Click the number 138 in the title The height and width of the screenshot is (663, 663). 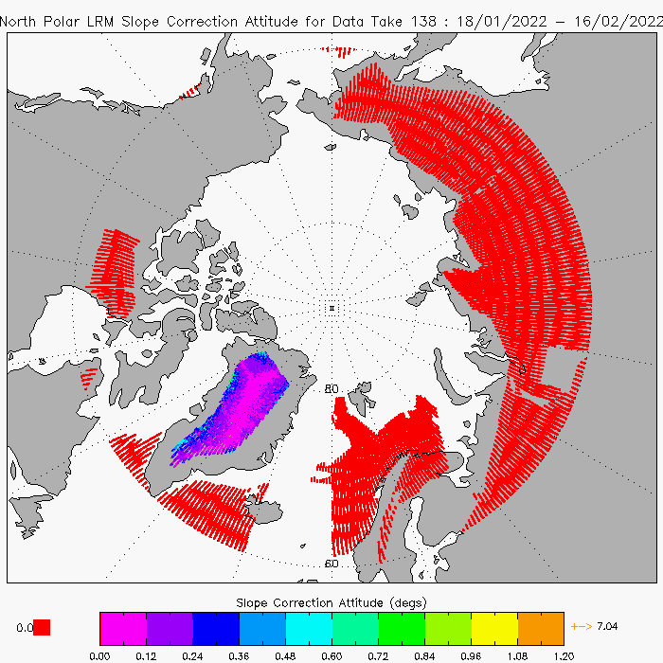click(x=423, y=21)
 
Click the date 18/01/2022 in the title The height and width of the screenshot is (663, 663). click(x=501, y=21)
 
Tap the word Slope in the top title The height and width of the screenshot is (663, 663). click(x=140, y=21)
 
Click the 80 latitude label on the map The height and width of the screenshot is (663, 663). click(x=331, y=388)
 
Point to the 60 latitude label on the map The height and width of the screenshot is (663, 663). click(x=331, y=564)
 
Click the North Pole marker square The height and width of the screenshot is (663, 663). click(x=331, y=308)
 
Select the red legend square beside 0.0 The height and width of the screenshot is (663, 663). click(x=42, y=627)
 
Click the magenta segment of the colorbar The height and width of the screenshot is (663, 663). click(x=123, y=628)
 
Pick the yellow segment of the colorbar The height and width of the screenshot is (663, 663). click(x=494, y=628)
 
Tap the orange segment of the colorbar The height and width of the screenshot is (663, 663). click(x=541, y=628)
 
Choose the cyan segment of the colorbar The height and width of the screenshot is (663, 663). click(x=309, y=628)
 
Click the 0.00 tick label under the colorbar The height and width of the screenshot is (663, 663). click(x=99, y=656)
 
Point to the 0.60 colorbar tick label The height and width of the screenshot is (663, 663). click(x=331, y=656)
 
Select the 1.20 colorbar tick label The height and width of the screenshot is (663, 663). click(x=564, y=656)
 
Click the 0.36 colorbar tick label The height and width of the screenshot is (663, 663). click(x=239, y=656)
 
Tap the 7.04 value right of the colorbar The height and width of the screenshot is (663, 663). click(x=607, y=626)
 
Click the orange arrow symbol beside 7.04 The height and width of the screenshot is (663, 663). click(x=582, y=626)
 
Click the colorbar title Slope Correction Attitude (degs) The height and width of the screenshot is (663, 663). click(x=331, y=602)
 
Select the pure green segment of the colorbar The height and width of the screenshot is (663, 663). click(x=402, y=628)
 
